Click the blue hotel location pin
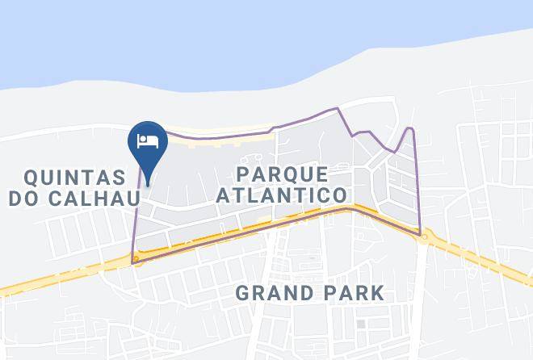(147, 142)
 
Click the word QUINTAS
(74, 177)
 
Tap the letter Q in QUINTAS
(33, 177)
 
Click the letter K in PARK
(377, 292)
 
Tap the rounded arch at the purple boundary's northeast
(410, 129)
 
